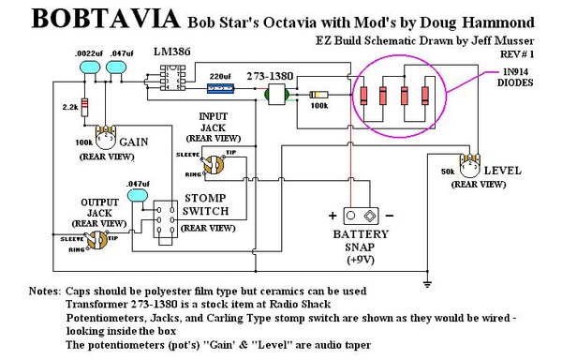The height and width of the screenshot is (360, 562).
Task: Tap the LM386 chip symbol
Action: (x=172, y=82)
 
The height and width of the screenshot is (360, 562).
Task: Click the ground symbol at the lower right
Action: (x=427, y=282)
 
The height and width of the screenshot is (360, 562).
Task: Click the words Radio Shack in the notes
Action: (x=297, y=305)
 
